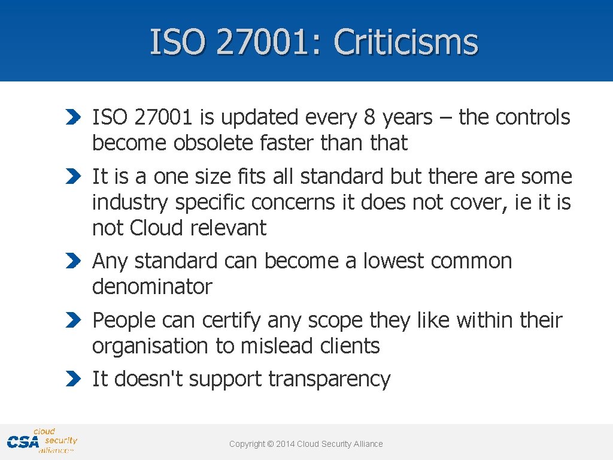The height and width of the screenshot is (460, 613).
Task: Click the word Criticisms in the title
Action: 406,43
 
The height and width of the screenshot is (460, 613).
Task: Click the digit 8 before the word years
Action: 369,118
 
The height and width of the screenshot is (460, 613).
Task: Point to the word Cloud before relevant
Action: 157,228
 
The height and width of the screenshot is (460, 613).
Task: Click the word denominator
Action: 152,287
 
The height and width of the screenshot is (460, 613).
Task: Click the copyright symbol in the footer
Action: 270,444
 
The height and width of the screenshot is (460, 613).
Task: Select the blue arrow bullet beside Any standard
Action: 72,261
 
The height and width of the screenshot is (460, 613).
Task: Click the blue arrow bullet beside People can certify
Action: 72,320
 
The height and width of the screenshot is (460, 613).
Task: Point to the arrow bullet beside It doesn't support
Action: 72,379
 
